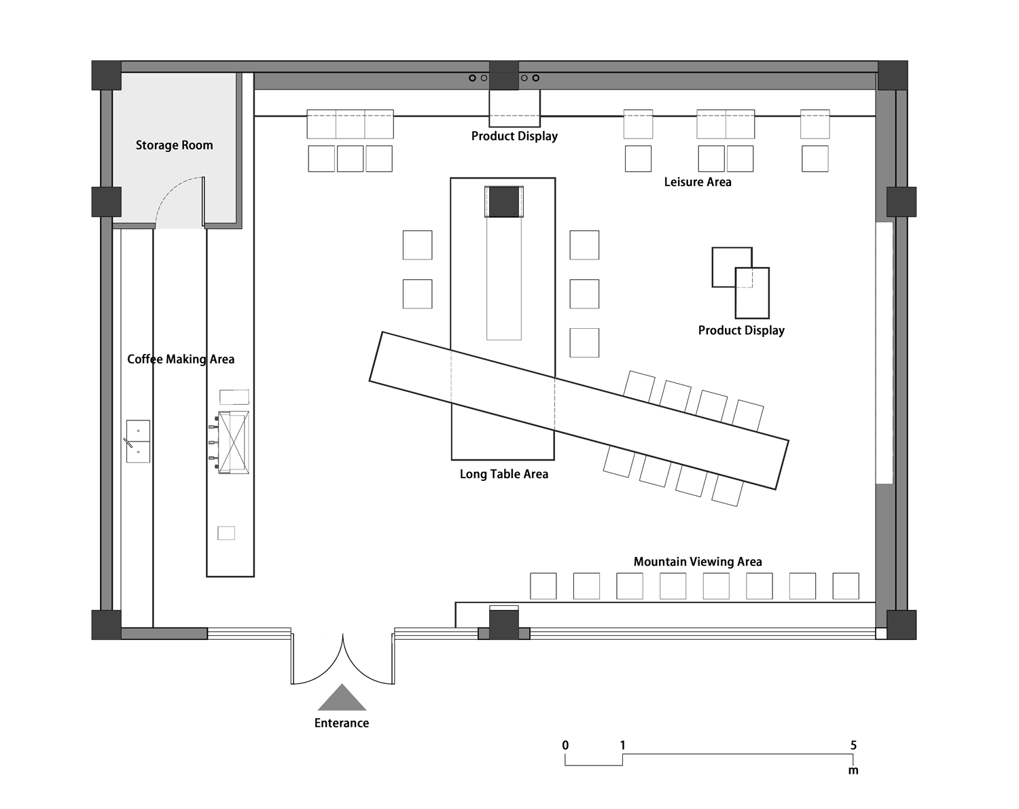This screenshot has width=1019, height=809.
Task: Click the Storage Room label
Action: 175,145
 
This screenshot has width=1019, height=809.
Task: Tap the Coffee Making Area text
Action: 181,359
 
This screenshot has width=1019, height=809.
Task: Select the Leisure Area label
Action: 698,182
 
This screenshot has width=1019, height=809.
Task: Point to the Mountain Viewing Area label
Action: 698,562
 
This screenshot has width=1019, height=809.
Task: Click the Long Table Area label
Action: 504,474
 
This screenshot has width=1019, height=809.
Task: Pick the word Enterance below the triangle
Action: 342,723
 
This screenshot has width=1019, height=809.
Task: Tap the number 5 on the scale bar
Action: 853,745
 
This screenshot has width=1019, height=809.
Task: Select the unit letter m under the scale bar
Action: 853,770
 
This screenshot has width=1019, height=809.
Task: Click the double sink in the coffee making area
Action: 138,442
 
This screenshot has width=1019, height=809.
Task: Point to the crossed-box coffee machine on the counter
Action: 232,443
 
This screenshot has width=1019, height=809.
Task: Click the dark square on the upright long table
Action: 504,202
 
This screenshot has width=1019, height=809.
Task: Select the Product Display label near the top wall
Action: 514,137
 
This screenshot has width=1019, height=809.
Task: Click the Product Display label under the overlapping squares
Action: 741,331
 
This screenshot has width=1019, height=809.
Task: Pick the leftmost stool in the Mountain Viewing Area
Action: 543,586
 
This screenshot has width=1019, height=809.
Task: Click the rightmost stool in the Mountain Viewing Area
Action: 846,586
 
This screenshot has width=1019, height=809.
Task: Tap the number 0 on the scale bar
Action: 565,745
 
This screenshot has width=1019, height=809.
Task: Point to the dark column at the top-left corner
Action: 107,75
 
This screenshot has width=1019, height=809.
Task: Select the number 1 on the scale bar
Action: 623,745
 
